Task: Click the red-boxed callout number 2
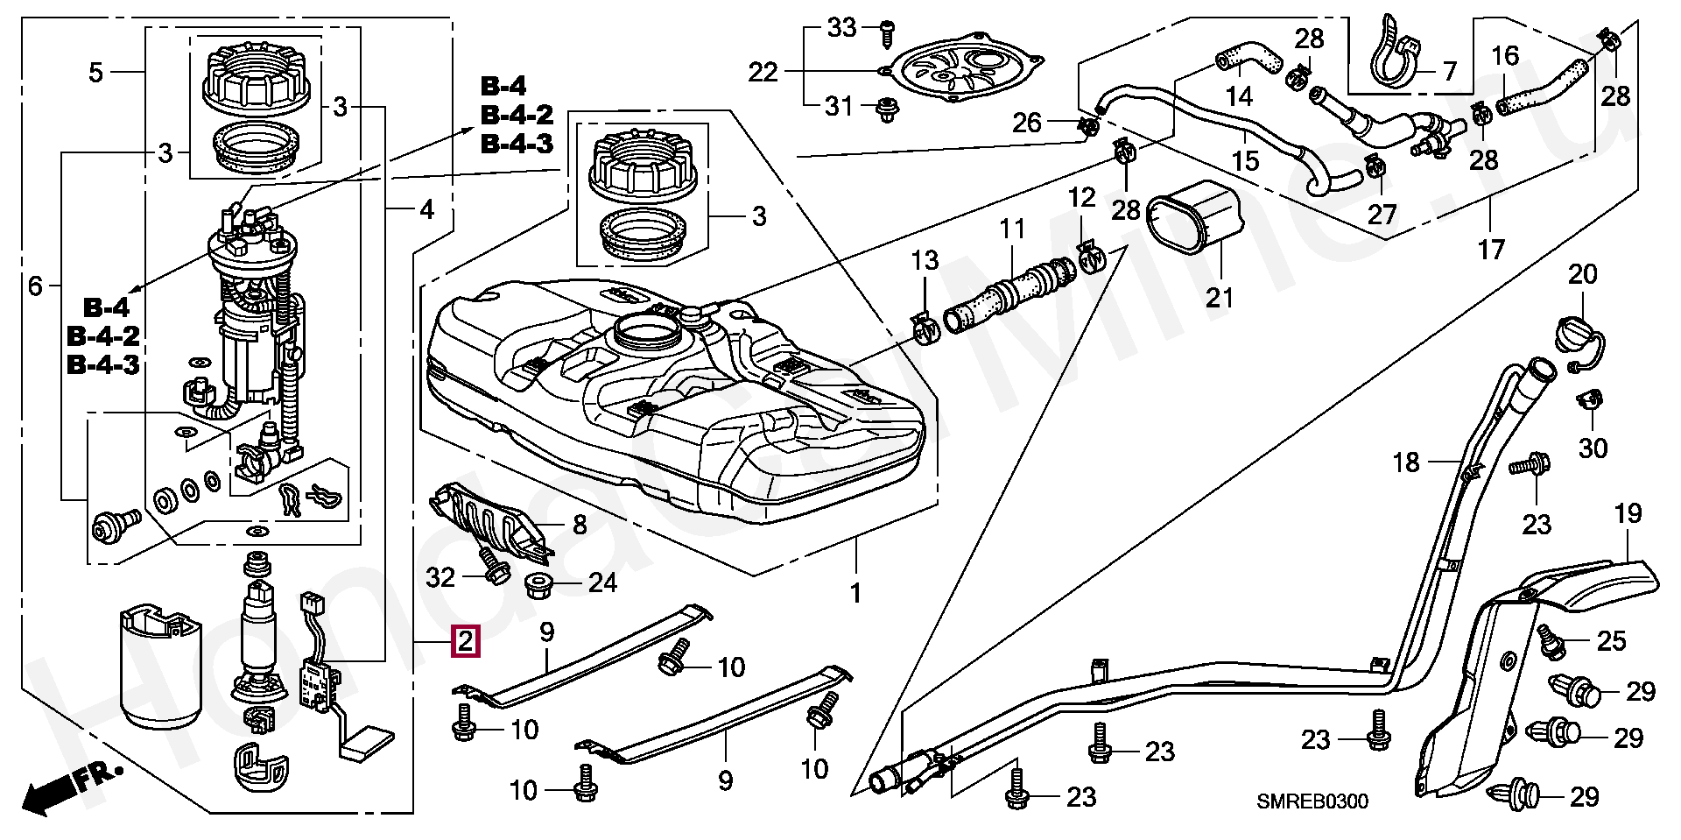(x=465, y=641)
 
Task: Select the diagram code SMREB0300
(x=1312, y=801)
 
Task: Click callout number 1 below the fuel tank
(x=855, y=593)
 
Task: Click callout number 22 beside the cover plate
(x=763, y=72)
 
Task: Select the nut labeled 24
(x=538, y=583)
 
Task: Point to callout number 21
(x=1220, y=298)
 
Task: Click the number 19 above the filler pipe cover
(x=1628, y=513)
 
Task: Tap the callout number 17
(x=1491, y=250)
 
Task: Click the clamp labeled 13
(x=925, y=328)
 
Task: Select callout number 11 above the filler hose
(x=1012, y=229)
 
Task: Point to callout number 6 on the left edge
(x=35, y=286)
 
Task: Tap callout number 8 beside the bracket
(x=580, y=525)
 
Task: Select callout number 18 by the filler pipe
(x=1406, y=462)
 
